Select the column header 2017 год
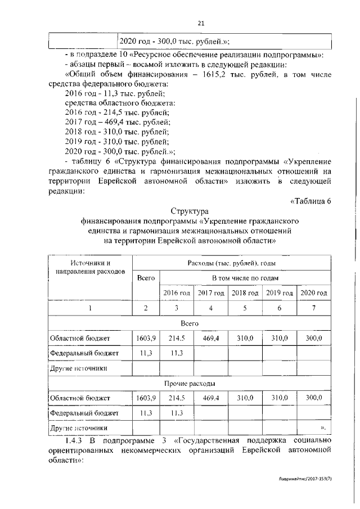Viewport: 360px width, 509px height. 211,293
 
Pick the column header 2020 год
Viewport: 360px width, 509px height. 314,293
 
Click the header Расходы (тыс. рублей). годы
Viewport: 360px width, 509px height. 231,263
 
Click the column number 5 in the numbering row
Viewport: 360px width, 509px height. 245,308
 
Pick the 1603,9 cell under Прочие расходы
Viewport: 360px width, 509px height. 146,398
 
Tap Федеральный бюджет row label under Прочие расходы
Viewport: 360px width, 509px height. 84,412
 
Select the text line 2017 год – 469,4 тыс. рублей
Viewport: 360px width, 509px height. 118,121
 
